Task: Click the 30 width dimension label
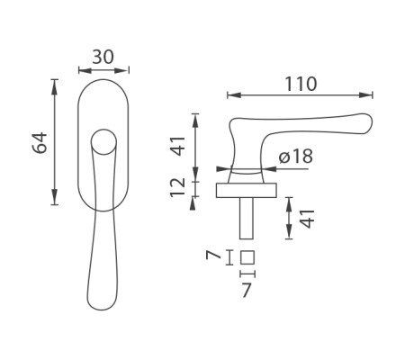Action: [103, 57]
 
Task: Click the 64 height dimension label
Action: [40, 142]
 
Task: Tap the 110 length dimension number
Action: [301, 84]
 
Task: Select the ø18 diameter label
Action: [296, 156]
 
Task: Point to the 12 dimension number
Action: [178, 187]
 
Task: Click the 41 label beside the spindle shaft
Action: [308, 219]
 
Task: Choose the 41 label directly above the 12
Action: [178, 146]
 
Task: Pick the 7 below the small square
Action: [247, 291]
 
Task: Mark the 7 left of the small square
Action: [213, 256]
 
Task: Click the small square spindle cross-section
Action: [247, 257]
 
